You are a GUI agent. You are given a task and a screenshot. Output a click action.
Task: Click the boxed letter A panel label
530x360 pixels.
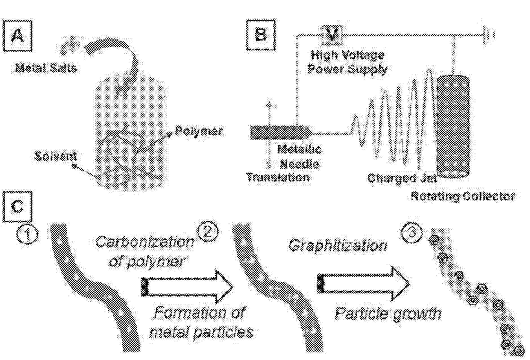pos(17,36)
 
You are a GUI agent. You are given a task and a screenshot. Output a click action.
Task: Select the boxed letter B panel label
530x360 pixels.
pos(260,35)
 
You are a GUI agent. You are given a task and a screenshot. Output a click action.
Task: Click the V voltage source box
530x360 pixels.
pos(332,35)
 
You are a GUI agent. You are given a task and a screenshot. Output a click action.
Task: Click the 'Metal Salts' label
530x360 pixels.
pos(46,68)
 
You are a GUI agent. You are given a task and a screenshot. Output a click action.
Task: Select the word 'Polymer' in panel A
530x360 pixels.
pos(199,131)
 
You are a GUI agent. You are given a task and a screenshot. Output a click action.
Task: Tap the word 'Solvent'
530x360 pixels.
pos(55,156)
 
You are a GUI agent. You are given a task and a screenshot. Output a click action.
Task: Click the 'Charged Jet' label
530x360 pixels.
pos(402,178)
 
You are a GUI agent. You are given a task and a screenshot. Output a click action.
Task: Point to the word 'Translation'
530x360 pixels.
pos(278,177)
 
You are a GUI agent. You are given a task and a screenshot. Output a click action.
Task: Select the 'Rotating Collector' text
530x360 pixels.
pos(463,196)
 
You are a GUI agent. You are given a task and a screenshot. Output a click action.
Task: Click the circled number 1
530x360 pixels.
pos(27,234)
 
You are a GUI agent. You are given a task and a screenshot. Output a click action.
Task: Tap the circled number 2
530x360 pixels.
pos(208,232)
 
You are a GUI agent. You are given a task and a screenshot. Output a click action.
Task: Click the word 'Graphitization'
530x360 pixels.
pos(337,246)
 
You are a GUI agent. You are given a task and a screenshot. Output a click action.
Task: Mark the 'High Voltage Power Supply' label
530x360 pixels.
pos(348,62)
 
